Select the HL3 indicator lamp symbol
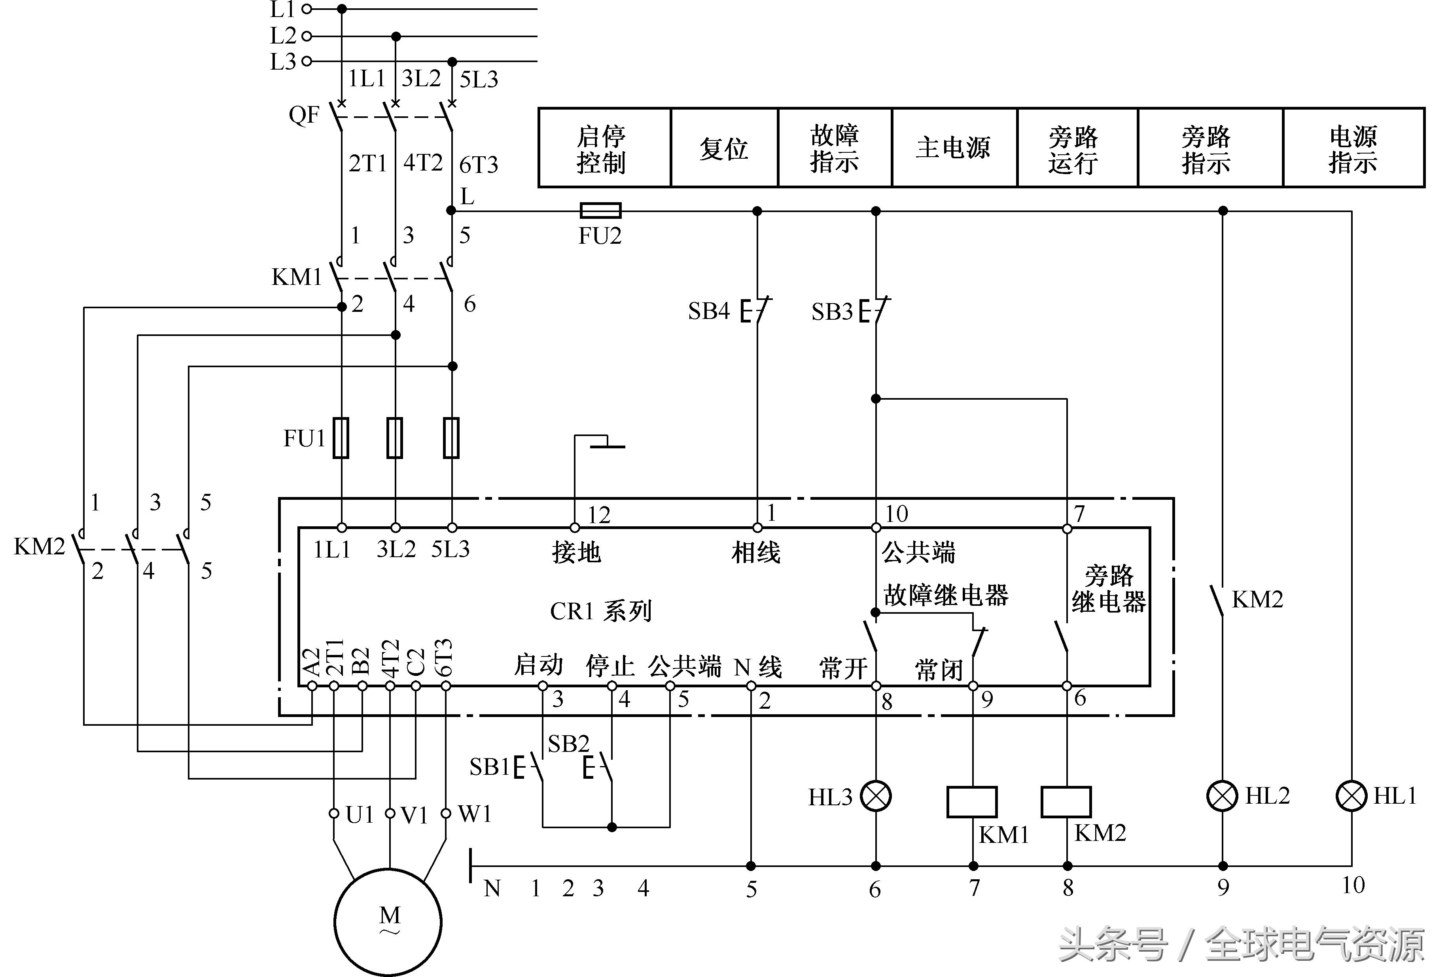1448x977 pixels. pos(876,796)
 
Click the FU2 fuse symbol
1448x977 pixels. pos(600,211)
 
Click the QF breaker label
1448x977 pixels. pos(304,115)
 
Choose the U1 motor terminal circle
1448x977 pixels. pos(334,813)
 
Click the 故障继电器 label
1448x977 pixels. pos(945,595)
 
